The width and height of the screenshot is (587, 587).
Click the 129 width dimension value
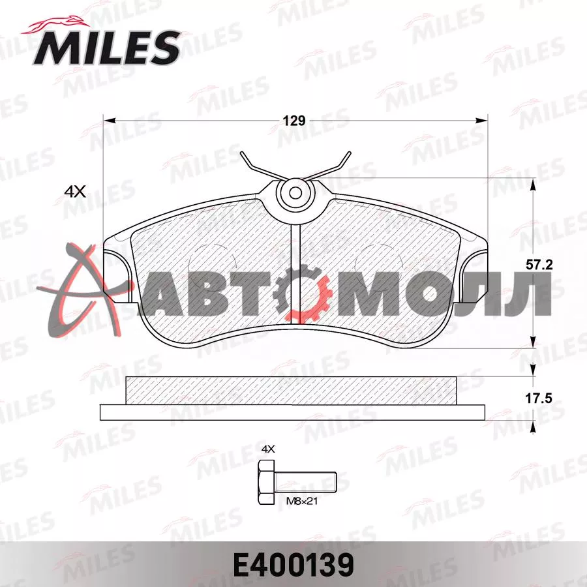tap(294, 121)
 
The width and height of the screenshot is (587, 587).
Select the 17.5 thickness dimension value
tap(539, 398)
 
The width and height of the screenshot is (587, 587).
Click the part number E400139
tap(293, 565)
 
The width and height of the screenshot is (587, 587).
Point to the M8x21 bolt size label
tap(302, 501)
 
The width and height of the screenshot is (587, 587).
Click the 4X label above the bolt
tap(267, 449)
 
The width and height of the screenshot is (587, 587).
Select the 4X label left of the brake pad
tap(75, 192)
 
